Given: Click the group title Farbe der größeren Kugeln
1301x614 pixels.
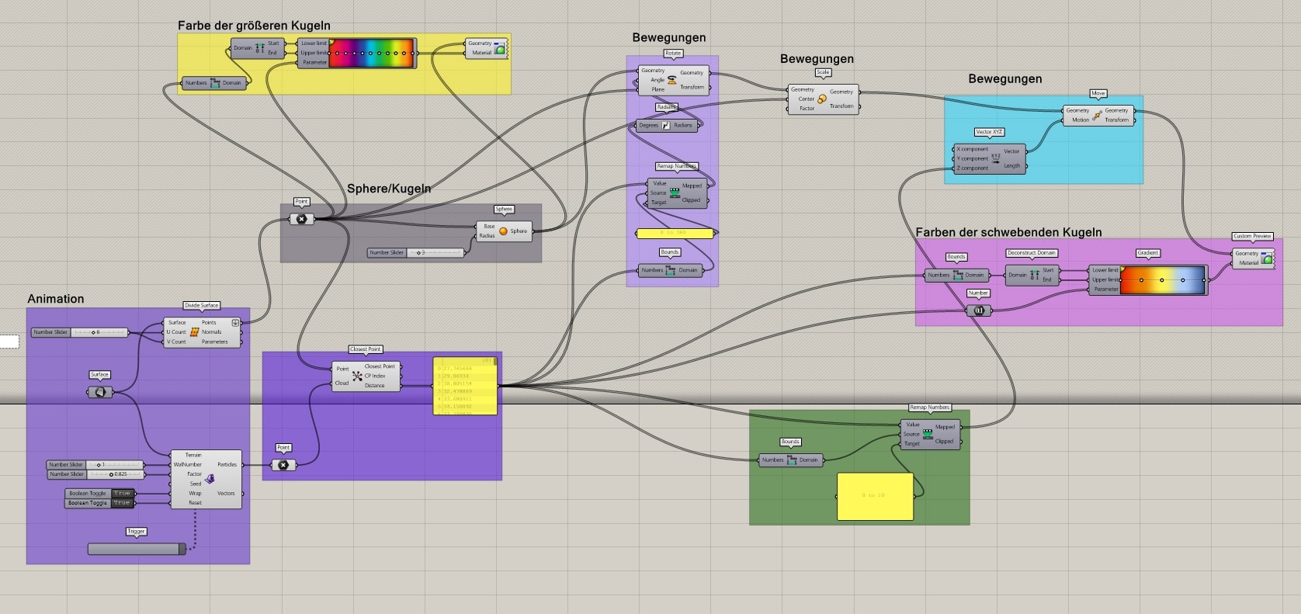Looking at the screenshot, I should [x=254, y=26].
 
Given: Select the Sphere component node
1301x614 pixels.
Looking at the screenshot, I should [x=505, y=231].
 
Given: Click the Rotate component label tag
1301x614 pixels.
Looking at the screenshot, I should [x=673, y=54].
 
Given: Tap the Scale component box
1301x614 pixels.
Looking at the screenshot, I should [x=823, y=99].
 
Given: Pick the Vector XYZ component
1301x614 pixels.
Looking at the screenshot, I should [x=990, y=158].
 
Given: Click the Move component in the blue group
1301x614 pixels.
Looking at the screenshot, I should [x=1098, y=115].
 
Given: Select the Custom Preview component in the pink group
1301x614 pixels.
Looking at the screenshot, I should [x=1253, y=258].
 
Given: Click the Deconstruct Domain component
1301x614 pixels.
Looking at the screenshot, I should [x=1032, y=275].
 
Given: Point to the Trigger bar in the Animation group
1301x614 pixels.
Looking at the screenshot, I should [x=137, y=549].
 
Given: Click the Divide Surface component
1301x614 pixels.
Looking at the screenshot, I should [x=202, y=332].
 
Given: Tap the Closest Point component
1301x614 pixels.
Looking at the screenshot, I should [x=366, y=376].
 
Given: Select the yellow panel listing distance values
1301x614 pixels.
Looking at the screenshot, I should [x=465, y=386].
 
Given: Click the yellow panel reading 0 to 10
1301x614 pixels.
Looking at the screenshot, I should [x=875, y=496].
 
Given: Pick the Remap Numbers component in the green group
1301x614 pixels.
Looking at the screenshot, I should [x=929, y=434].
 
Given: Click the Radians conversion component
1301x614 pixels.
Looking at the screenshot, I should [x=666, y=125].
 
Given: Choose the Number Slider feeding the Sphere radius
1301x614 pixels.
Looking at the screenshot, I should [x=416, y=252].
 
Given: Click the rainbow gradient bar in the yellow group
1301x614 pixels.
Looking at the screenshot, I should [x=371, y=54].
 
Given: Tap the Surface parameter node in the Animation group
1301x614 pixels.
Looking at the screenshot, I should [x=100, y=392].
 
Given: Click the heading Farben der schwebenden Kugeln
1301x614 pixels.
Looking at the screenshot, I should [x=1008, y=232].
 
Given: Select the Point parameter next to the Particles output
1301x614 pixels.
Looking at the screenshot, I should [x=283, y=465].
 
